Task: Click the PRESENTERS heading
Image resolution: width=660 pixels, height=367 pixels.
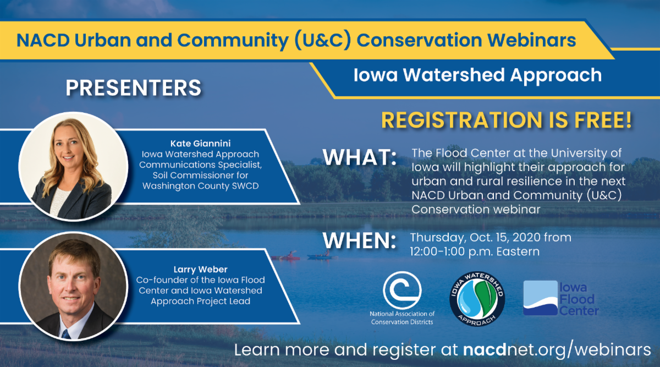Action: (x=133, y=88)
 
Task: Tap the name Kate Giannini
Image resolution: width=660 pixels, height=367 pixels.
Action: (x=200, y=144)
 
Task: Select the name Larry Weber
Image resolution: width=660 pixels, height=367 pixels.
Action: (x=200, y=270)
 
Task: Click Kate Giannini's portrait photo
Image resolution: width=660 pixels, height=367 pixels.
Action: (x=73, y=166)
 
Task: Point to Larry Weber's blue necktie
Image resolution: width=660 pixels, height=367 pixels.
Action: (x=65, y=334)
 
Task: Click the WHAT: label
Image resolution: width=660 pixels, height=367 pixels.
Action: (x=360, y=157)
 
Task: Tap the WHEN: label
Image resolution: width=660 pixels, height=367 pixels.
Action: (x=360, y=240)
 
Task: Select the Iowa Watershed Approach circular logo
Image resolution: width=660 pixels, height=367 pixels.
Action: (x=477, y=299)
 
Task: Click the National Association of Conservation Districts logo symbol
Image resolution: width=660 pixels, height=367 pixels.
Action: (x=402, y=290)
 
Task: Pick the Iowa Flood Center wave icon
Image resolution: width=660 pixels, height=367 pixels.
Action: (x=540, y=298)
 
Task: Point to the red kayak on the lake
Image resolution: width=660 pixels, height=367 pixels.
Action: (x=286, y=257)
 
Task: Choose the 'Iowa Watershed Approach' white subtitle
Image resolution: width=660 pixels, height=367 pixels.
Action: (x=477, y=75)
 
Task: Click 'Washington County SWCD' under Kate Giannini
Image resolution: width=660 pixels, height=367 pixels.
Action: (x=200, y=186)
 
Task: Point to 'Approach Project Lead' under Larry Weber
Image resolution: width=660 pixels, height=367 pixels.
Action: (x=200, y=302)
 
